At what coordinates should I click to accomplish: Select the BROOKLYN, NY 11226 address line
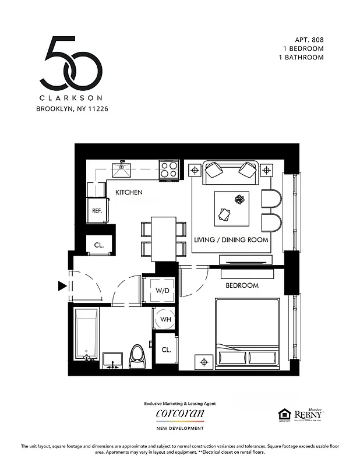pos(72,108)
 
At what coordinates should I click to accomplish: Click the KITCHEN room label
pos(128,192)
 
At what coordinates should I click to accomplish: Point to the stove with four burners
pos(169,170)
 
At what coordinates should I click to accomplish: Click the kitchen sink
pos(123,170)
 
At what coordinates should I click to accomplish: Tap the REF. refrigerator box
pos(97,211)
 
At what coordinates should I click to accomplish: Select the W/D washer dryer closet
pos(162,290)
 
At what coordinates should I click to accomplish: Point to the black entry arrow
pos(62,286)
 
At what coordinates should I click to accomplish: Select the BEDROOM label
pos(242,285)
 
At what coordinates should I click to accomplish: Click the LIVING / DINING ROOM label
pos(231,240)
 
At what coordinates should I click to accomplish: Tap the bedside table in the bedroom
pos(204,362)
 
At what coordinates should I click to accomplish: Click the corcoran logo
pos(180,414)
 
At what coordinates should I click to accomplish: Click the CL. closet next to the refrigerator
pos(98,245)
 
